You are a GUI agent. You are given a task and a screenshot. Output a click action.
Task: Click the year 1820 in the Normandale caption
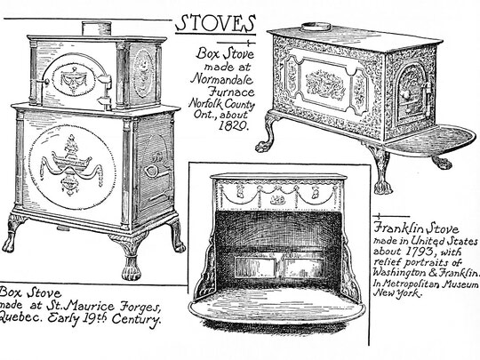[x=233, y=125]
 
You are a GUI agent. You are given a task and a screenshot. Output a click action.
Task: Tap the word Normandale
[x=222, y=79]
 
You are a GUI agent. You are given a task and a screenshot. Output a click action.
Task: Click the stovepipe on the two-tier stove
[x=96, y=28]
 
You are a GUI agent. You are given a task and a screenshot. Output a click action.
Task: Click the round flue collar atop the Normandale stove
[x=316, y=27]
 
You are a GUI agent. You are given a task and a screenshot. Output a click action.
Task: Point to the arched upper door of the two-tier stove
[x=75, y=77]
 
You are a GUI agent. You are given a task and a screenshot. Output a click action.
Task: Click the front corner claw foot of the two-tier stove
[x=130, y=257]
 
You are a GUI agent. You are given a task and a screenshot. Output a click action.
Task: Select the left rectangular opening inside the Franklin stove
[x=255, y=268]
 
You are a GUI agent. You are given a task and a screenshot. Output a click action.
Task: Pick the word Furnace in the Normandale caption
[x=231, y=92]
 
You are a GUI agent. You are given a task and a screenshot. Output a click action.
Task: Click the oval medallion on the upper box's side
[x=143, y=74]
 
